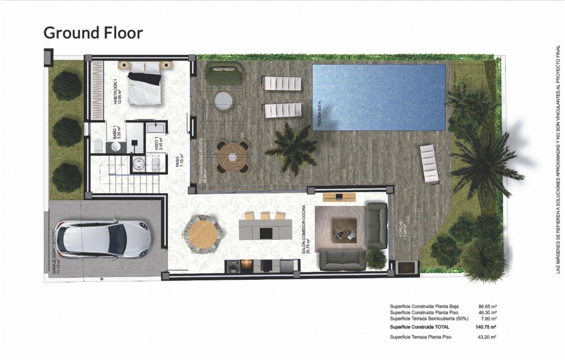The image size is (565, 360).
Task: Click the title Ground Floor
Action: [93, 33]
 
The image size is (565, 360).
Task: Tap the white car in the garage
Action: [104, 240]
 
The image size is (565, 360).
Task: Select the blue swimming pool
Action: [378, 97]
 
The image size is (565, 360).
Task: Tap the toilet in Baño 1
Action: [98, 144]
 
